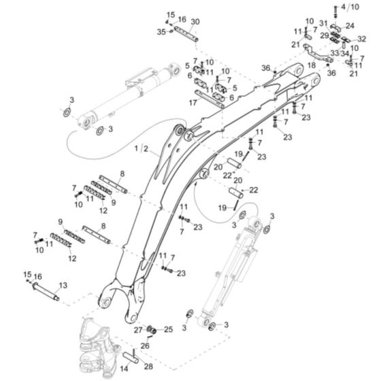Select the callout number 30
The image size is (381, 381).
(195, 22)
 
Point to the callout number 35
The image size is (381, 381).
(161, 31)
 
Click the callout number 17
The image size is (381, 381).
(193, 102)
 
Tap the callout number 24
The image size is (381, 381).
(350, 26)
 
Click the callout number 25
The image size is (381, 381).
(169, 329)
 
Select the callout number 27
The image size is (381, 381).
(137, 329)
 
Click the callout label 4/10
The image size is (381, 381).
(357, 7)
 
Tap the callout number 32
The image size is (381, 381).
(362, 39)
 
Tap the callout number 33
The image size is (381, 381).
(335, 52)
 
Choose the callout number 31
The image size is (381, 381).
(324, 25)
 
